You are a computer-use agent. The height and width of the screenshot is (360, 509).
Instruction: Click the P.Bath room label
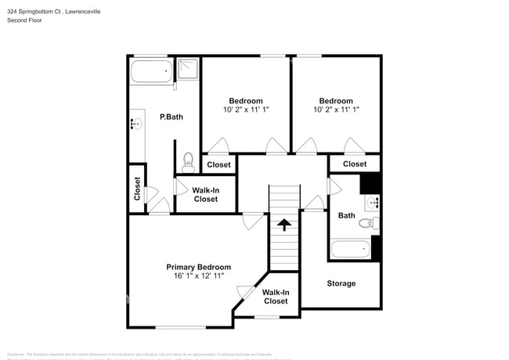[x=171, y=117]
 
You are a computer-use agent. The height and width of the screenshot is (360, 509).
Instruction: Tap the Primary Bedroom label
[x=198, y=266]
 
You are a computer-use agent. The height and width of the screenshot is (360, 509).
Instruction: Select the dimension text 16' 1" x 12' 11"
[x=198, y=276]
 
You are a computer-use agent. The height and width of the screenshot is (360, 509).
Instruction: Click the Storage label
[x=341, y=283]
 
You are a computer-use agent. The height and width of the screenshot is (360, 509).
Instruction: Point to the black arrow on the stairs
[x=284, y=225]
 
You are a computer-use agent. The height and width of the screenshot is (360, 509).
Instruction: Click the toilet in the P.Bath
[x=188, y=164]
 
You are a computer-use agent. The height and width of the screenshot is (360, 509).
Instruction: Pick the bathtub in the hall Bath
[x=350, y=250]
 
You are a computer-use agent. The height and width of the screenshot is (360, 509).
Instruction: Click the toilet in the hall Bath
[x=367, y=223]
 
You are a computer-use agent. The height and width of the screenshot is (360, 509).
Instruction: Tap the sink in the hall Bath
[x=373, y=203]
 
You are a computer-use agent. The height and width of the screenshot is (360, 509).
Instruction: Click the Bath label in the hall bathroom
[x=346, y=215]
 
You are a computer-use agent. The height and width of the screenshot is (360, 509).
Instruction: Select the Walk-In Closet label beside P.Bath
[x=206, y=194]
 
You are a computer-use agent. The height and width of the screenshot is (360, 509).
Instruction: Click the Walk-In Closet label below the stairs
[x=276, y=297]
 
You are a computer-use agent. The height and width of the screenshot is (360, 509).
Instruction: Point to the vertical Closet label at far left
[x=137, y=188]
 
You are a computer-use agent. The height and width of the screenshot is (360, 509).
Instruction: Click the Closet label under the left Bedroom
[x=218, y=164]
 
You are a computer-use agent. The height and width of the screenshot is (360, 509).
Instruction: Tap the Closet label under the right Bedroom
[x=354, y=164]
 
